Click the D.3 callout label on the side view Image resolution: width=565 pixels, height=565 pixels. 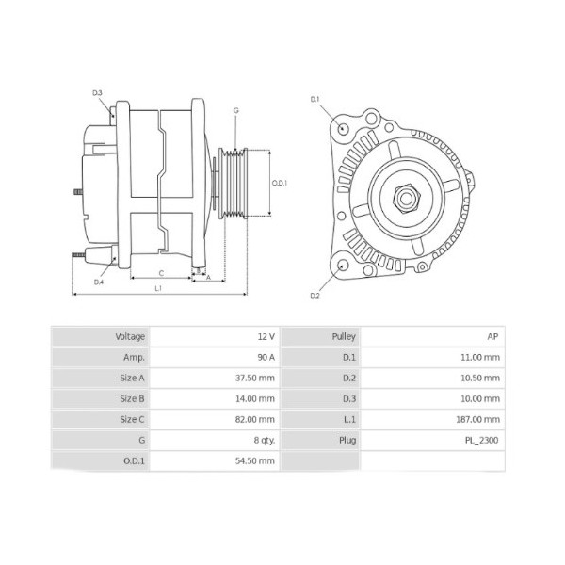pyautogui.click(x=98, y=92)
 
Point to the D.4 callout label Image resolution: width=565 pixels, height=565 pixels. pyautogui.click(x=99, y=282)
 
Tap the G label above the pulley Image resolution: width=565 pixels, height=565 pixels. pyautogui.click(x=235, y=110)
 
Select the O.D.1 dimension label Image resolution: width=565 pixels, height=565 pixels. pyautogui.click(x=279, y=183)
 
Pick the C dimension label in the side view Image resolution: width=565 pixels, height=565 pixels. pyautogui.click(x=161, y=272)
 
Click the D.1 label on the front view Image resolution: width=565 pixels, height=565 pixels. pyautogui.click(x=315, y=99)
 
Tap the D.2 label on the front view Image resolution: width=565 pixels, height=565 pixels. pyautogui.click(x=315, y=296)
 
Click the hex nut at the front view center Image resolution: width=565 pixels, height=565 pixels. pyautogui.click(x=407, y=196)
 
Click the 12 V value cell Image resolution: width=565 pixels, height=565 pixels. pyautogui.click(x=266, y=336)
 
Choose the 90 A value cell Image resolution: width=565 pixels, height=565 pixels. pyautogui.click(x=265, y=357)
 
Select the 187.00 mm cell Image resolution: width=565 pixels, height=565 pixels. pyautogui.click(x=479, y=419)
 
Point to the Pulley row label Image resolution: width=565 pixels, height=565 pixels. pyautogui.click(x=343, y=336)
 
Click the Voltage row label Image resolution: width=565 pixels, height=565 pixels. pyautogui.click(x=130, y=336)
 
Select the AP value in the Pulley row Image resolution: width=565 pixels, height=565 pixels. pyautogui.click(x=492, y=336)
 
